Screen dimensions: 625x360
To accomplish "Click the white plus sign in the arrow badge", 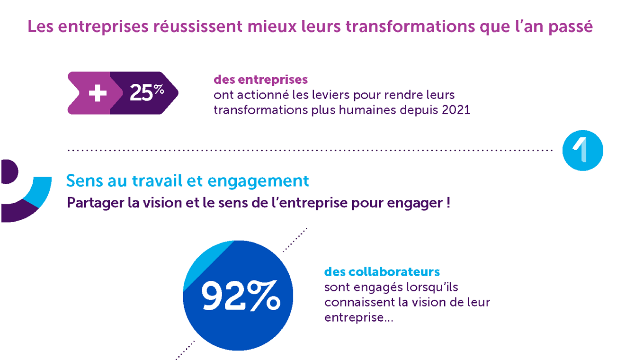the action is pos(98,93).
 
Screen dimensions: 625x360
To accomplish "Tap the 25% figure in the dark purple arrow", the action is pos(147,92).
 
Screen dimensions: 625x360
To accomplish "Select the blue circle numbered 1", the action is pos(582,150).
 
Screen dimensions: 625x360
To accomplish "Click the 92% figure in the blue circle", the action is pos(241,296).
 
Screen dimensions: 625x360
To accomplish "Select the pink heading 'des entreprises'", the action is pos(260,80).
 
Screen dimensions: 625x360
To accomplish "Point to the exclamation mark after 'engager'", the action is pos(448,202).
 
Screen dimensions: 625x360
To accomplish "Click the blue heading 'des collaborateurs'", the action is pos(382,272).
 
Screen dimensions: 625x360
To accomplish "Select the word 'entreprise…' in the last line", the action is pos(359,318).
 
